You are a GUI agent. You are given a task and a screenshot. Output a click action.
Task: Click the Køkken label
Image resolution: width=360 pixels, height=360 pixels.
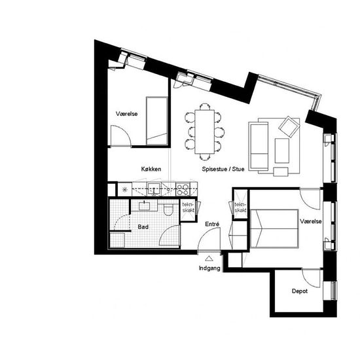pyautogui.click(x=151, y=170)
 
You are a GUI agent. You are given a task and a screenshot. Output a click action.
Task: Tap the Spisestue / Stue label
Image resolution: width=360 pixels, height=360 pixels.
pyautogui.click(x=223, y=170)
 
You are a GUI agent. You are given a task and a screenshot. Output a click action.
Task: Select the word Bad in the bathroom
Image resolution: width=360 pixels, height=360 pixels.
pyautogui.click(x=143, y=227)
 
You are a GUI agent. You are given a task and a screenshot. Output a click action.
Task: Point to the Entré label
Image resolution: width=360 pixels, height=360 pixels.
pyautogui.click(x=212, y=224)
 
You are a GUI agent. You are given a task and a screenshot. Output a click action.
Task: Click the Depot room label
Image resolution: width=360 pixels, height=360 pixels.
pyautogui.click(x=300, y=291)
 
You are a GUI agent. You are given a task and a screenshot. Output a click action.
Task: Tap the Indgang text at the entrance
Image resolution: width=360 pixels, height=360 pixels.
pyautogui.click(x=209, y=268)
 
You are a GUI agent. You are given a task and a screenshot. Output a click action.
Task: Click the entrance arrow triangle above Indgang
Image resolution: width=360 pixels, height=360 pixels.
pyautogui.click(x=209, y=259)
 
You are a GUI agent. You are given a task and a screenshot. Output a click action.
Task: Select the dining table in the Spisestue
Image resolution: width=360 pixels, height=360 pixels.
pyautogui.click(x=205, y=132)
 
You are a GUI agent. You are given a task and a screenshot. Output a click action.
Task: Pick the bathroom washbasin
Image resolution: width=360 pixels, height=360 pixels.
pyautogui.click(x=144, y=206)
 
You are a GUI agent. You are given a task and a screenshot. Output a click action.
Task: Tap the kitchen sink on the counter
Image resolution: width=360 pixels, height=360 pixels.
pyautogui.click(x=154, y=189)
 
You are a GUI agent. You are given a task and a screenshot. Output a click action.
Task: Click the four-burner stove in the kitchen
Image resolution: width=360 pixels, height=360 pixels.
pyautogui.click(x=183, y=189)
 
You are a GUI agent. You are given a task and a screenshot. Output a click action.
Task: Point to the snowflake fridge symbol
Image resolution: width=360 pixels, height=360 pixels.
pyautogui.click(x=124, y=189)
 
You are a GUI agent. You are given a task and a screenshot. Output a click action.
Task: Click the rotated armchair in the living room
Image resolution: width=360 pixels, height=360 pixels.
pyautogui.click(x=289, y=126)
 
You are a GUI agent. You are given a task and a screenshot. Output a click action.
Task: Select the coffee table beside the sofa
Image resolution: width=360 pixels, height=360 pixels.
pyautogui.click(x=282, y=151)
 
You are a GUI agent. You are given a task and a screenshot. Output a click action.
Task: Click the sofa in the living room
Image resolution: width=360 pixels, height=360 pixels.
pyautogui.click(x=259, y=146)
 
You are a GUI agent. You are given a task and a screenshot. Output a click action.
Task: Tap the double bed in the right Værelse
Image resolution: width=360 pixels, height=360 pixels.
pyautogui.click(x=274, y=228)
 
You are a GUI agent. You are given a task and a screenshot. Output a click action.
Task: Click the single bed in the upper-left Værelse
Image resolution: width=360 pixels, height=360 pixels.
pyautogui.click(x=157, y=121)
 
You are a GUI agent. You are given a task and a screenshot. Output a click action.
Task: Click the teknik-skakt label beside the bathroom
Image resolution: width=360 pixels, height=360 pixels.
pyautogui.click(x=188, y=207)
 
